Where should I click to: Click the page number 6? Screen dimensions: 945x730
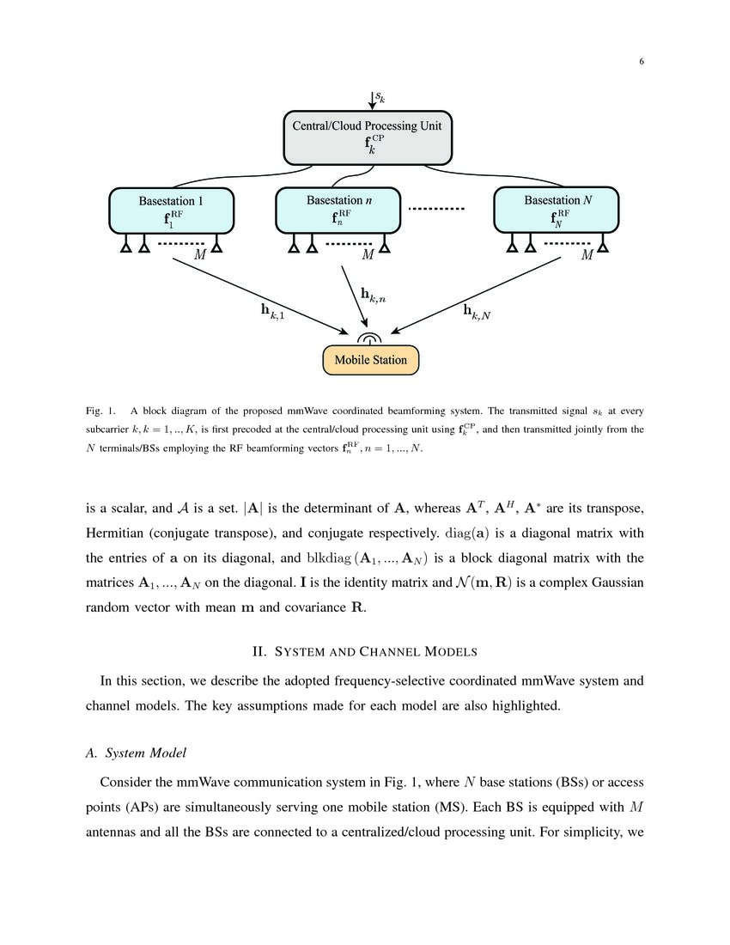tap(641, 61)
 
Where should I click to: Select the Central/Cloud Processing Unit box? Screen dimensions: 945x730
tap(367, 137)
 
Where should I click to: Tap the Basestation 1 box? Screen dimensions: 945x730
tap(171, 210)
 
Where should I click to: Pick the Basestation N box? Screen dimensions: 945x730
tap(557, 210)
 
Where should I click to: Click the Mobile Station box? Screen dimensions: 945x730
tap(370, 360)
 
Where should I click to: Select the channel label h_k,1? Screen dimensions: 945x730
tap(272, 310)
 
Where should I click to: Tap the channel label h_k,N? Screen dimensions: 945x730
tap(476, 311)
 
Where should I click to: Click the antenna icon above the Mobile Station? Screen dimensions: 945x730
tap(370, 338)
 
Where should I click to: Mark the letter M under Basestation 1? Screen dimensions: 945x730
tap(199, 255)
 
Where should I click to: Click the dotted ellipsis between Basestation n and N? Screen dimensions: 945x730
tap(435, 209)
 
